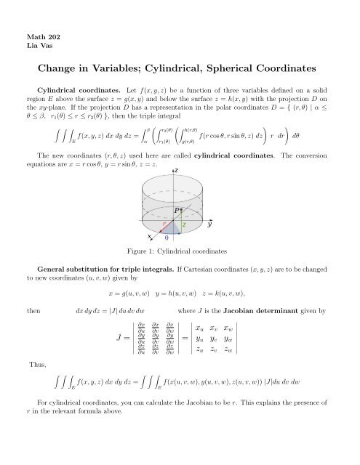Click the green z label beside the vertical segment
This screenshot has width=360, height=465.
click(184, 226)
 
